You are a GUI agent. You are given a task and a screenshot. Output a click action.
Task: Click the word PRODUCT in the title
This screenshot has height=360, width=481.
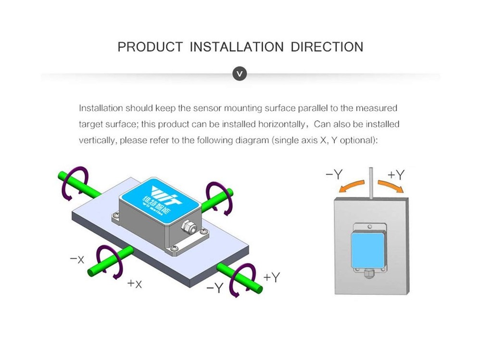[150, 47]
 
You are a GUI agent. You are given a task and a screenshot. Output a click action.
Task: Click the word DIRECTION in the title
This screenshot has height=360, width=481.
[327, 47]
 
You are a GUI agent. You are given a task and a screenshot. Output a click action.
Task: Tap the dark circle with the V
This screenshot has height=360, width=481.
[240, 74]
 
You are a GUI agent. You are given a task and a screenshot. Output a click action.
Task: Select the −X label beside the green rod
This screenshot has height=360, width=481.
[77, 259]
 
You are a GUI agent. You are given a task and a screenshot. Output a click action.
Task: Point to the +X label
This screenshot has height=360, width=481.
[135, 283]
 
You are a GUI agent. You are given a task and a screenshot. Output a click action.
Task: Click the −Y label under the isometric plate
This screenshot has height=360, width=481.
[215, 288]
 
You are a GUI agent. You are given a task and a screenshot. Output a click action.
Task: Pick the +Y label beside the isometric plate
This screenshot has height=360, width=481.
[272, 277]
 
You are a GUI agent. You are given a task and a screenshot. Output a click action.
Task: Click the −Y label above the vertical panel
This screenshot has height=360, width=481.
[334, 174]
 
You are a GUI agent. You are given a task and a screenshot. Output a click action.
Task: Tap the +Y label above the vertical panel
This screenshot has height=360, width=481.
[396, 174]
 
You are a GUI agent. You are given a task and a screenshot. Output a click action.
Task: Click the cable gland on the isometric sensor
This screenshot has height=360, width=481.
[189, 228]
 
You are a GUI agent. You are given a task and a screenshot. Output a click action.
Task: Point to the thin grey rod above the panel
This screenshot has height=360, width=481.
[371, 183]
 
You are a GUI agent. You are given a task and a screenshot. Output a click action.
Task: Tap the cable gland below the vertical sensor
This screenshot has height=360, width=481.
[368, 273]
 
